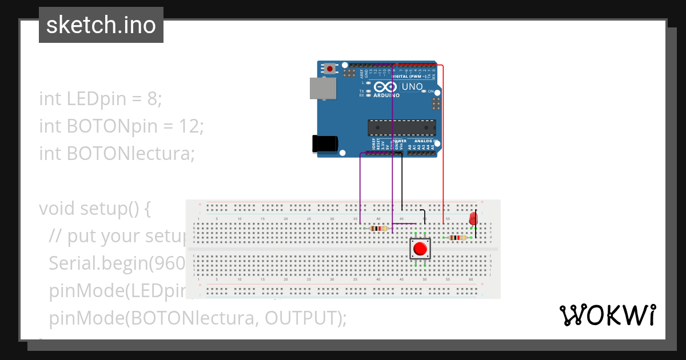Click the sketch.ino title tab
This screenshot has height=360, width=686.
coord(101,25)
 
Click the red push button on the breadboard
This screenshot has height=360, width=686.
coord(420,249)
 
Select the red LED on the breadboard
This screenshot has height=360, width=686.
coord(473,219)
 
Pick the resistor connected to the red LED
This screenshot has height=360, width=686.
coord(457,238)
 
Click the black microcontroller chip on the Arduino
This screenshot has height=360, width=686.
coord(402,128)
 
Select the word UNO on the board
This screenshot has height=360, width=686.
coord(412,87)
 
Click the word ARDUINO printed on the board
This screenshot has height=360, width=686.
coord(387,96)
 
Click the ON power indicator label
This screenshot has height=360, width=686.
coord(430,91)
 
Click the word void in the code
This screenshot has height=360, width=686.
coord(57,208)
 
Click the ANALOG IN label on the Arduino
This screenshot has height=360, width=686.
coord(426,141)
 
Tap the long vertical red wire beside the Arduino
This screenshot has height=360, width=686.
coord(444,143)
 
